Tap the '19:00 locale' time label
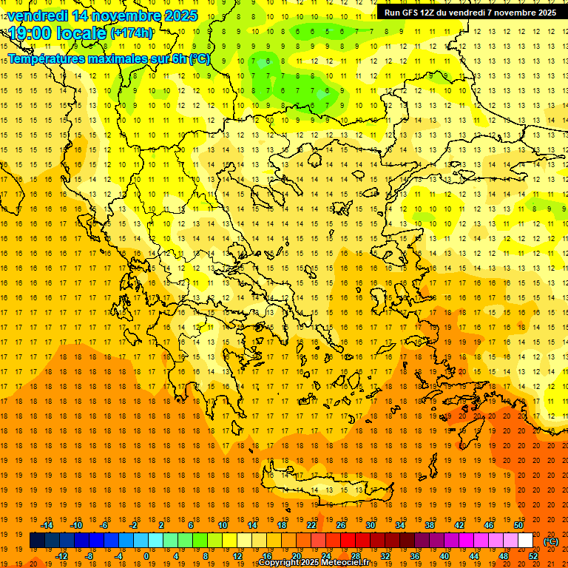coord(58,33)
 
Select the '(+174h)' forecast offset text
coord(132,33)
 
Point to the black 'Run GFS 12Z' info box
coord(470,12)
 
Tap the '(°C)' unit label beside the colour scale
coord(551,541)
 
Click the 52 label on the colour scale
coord(533,556)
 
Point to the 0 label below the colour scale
coord(146,556)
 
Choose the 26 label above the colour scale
coord(341,525)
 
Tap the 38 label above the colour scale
coord(430,525)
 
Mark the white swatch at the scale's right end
coord(526,541)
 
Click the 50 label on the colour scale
coord(518,525)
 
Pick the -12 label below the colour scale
coord(61,556)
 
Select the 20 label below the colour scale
coord(297,556)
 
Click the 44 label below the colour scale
coord(474,556)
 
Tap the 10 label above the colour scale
coord(223,525)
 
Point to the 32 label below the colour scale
coord(385,556)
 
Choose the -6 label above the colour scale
coord(105,525)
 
